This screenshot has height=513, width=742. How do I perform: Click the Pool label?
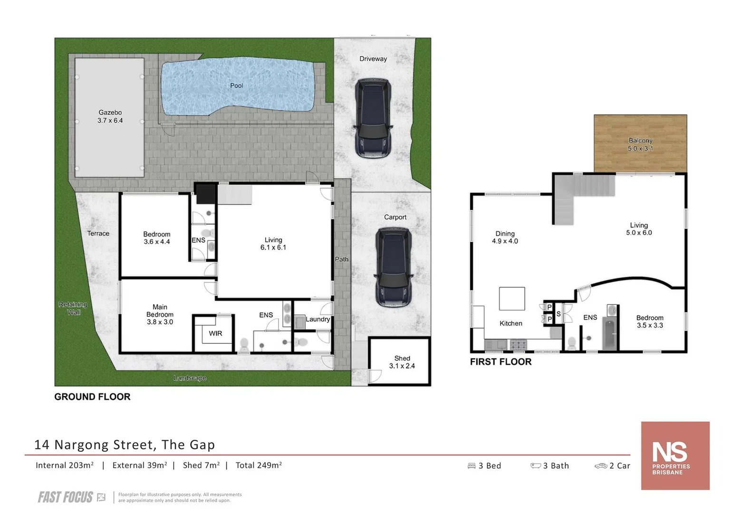236,85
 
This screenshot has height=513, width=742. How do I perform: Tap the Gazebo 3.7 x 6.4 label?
110,116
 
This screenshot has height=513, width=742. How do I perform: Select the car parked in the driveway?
374,118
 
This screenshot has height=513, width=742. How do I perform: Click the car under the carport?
393,267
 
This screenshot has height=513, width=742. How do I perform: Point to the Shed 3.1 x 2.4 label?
402,362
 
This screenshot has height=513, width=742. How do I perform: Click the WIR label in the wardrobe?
215,333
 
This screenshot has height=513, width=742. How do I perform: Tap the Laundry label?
318,319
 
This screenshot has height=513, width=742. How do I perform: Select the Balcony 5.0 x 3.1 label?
640,144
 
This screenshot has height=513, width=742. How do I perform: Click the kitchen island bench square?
511,299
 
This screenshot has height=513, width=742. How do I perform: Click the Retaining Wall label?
73,308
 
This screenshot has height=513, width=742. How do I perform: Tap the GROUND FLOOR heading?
92,397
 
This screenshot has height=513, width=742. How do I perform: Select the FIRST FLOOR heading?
501,362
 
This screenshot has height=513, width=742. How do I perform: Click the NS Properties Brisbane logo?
675,456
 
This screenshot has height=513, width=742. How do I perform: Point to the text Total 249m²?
259,465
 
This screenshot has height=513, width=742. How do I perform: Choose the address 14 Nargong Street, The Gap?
125,445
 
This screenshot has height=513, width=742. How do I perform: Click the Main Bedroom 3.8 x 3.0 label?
160,314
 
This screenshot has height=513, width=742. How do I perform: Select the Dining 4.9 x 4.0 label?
505,237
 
